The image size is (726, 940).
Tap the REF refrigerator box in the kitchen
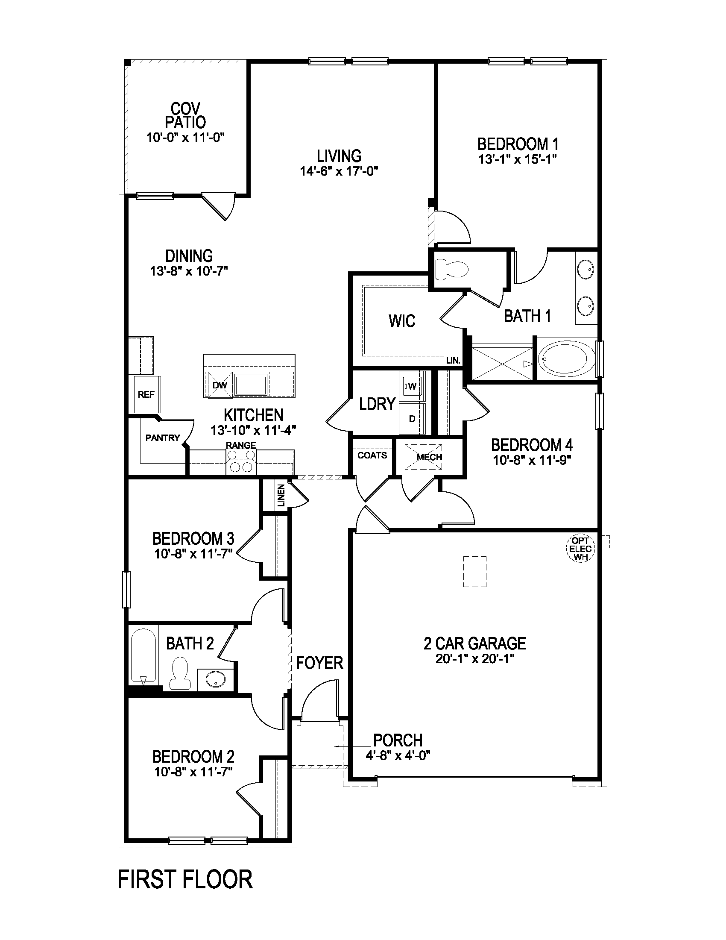pyautogui.click(x=146, y=394)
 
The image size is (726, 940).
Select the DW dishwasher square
pyautogui.click(x=220, y=386)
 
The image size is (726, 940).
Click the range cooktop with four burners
pyautogui.click(x=241, y=462)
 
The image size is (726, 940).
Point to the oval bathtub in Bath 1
pyautogui.click(x=567, y=359)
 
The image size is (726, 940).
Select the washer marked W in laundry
pyautogui.click(x=412, y=386)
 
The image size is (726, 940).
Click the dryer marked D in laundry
pyautogui.click(x=412, y=418)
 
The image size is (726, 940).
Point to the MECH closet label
pyautogui.click(x=429, y=457)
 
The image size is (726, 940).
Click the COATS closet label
pyautogui.click(x=372, y=455)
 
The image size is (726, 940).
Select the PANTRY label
pyautogui.click(x=163, y=438)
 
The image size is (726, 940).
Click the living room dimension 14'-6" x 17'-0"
pyautogui.click(x=339, y=171)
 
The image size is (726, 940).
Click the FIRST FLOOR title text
pyautogui.click(x=185, y=880)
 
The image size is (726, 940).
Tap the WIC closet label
pyautogui.click(x=402, y=321)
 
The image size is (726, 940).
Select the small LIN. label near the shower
pyautogui.click(x=453, y=361)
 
